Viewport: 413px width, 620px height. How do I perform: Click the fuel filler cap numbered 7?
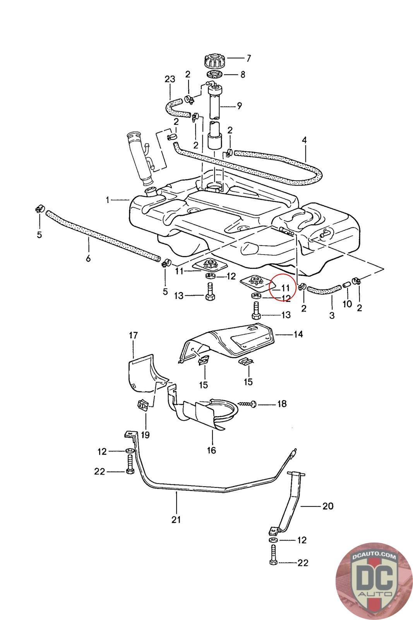pyautogui.click(x=215, y=60)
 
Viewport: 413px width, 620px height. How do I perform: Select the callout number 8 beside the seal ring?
pyautogui.click(x=242, y=74)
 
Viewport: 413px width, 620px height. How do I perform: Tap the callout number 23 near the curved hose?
pyautogui.click(x=170, y=79)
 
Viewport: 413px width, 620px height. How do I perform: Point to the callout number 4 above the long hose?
pyautogui.click(x=304, y=140)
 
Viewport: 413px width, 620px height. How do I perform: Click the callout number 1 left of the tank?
pyautogui.click(x=108, y=200)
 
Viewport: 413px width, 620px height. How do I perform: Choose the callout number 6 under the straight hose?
pyautogui.click(x=88, y=258)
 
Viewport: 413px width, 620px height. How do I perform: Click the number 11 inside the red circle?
pyautogui.click(x=285, y=288)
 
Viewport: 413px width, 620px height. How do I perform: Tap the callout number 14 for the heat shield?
pyautogui.click(x=298, y=334)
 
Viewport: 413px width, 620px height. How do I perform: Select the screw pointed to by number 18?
pyautogui.click(x=247, y=404)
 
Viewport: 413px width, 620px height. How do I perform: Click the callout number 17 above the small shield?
pyautogui.click(x=133, y=336)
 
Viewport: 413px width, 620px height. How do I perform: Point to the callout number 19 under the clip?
pyautogui.click(x=145, y=435)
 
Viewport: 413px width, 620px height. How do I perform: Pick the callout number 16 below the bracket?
pyautogui.click(x=211, y=450)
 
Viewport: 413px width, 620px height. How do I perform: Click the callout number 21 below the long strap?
pyautogui.click(x=176, y=520)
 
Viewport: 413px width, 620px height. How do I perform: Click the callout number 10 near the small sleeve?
pyautogui.click(x=347, y=304)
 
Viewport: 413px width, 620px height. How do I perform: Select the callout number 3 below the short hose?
pyautogui.click(x=332, y=315)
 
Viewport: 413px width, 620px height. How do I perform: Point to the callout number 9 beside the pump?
pyautogui.click(x=239, y=106)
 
